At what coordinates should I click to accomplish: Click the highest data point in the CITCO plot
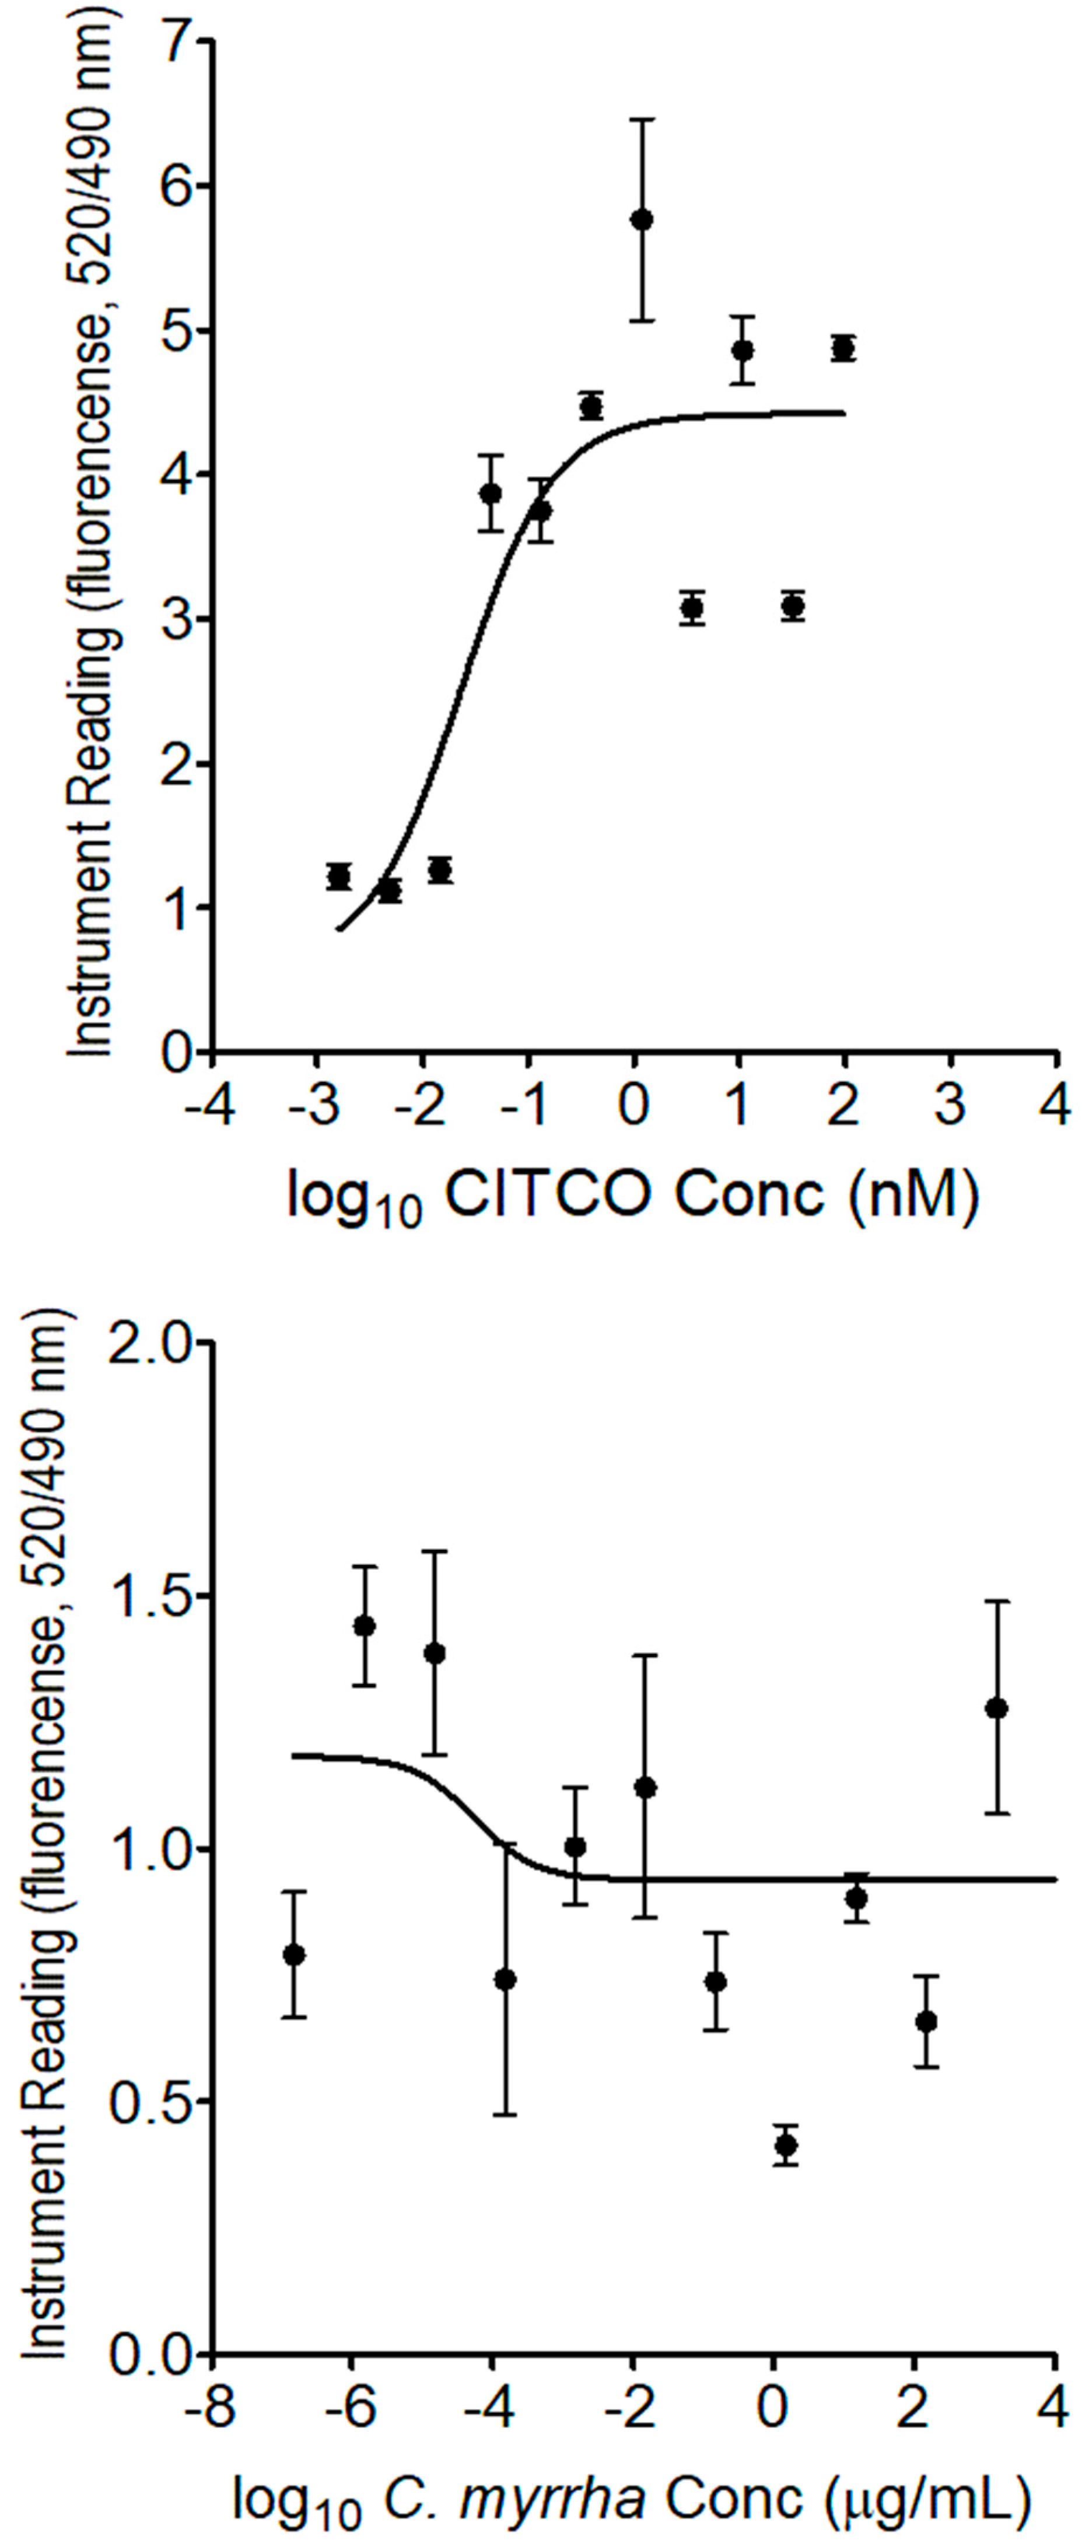tap(642, 219)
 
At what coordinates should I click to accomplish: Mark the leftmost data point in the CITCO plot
tap(339, 876)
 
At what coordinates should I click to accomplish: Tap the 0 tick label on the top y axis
tap(181, 1053)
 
